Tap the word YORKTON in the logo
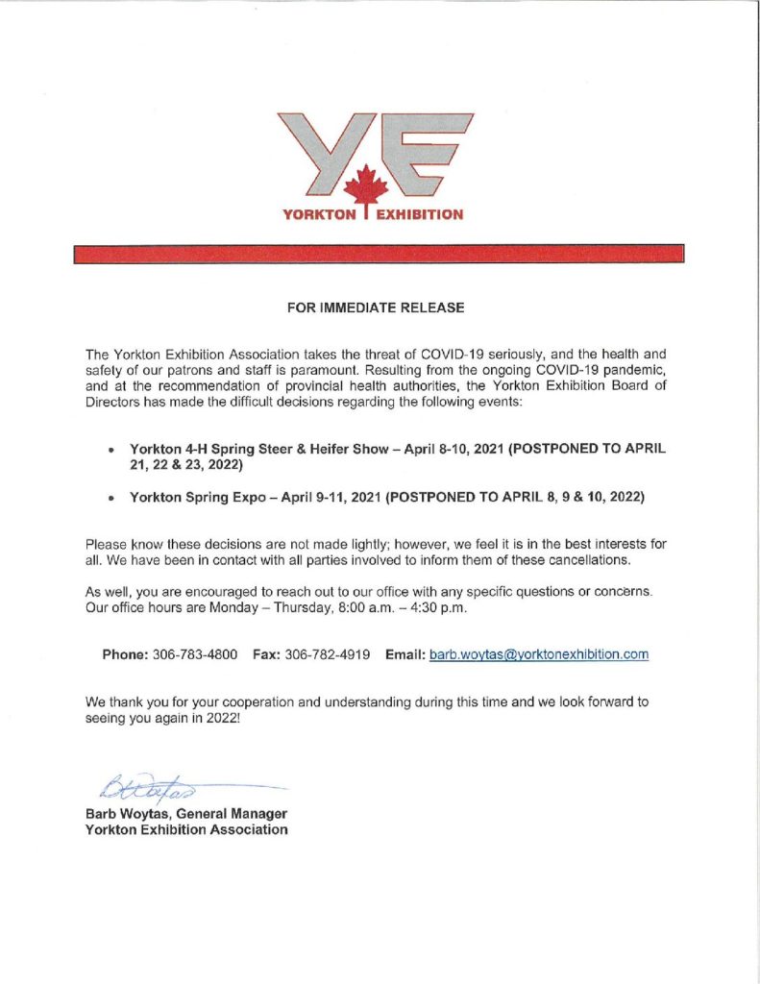coord(319,214)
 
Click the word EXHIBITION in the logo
coord(419,214)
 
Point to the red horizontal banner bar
coord(380,254)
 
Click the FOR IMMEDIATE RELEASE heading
coord(377,307)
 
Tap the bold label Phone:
coord(126,654)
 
